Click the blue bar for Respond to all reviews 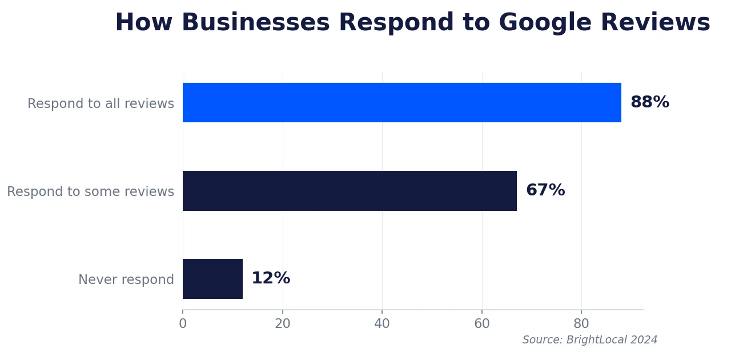click(401, 103)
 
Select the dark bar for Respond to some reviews click(350, 191)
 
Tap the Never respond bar click(212, 279)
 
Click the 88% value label click(649, 103)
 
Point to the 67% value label click(545, 191)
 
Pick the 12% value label click(270, 279)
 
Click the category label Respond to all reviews click(101, 104)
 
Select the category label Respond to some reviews click(90, 192)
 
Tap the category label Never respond click(126, 280)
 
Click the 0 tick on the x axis click(183, 324)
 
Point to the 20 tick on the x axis click(283, 324)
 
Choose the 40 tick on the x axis click(382, 324)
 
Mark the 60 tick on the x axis click(482, 324)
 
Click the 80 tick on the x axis click(581, 324)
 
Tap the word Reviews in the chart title click(655, 23)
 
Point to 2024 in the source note click(645, 340)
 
